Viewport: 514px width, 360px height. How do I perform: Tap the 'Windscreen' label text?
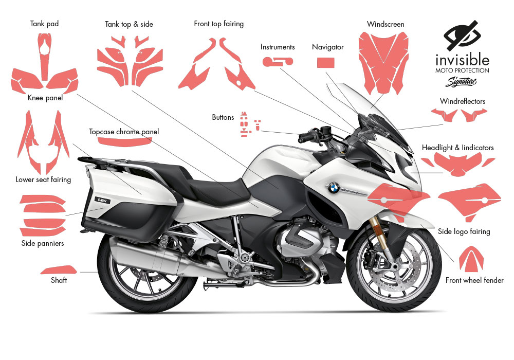click(x=385, y=24)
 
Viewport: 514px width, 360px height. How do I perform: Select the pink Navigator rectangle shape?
click(x=326, y=63)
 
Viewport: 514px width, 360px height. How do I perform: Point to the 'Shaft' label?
click(x=59, y=280)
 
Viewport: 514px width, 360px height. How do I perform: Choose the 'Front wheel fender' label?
click(x=474, y=280)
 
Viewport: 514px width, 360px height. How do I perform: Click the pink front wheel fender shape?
click(x=474, y=259)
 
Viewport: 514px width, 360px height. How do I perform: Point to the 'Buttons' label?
click(x=223, y=117)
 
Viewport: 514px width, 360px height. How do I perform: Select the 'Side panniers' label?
click(x=43, y=243)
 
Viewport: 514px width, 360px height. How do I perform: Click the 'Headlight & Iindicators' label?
click(x=457, y=148)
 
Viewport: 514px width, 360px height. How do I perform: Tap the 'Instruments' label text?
click(x=278, y=47)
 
